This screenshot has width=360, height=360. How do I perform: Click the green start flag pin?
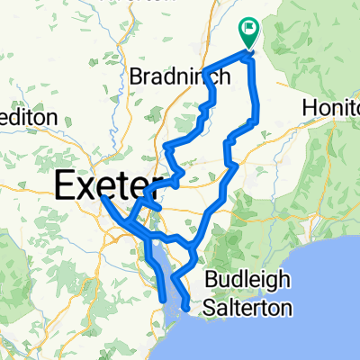(248, 32)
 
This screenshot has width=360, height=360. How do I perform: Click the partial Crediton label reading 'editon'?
(29, 117)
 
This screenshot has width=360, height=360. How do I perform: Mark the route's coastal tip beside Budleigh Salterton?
(185, 308)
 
